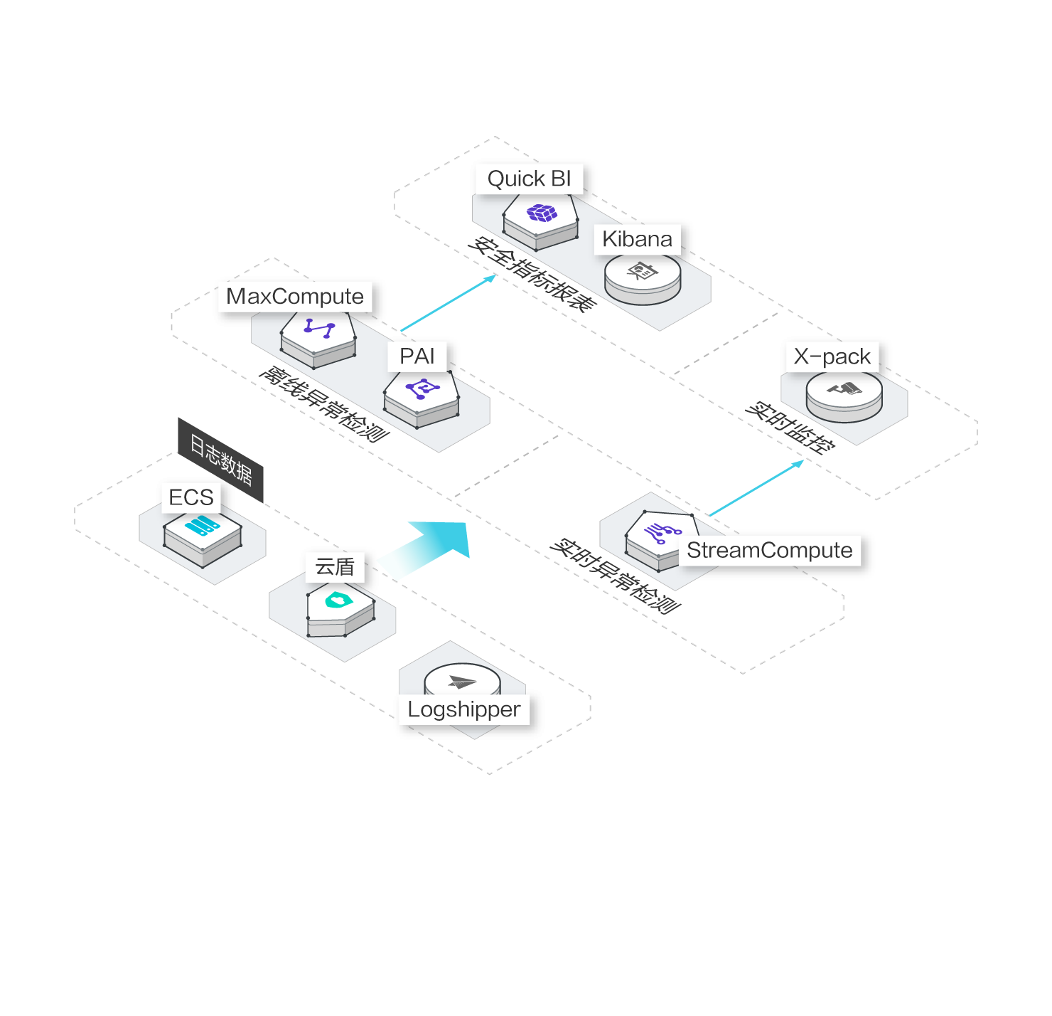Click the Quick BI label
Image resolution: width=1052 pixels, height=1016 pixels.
click(x=529, y=179)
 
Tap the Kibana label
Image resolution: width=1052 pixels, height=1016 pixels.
click(x=637, y=239)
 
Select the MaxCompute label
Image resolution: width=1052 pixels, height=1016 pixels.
click(x=294, y=296)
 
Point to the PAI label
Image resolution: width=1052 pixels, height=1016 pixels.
click(x=417, y=356)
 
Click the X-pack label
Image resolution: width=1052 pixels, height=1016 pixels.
click(x=832, y=356)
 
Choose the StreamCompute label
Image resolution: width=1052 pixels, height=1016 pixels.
click(x=769, y=550)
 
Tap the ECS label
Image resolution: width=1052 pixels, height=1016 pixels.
click(x=191, y=497)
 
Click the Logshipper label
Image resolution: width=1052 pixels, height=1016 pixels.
click(x=463, y=709)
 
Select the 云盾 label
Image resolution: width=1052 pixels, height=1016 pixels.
click(x=335, y=566)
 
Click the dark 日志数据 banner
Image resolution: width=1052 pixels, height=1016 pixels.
click(x=220, y=459)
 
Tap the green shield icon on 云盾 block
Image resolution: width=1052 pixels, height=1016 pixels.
click(x=339, y=600)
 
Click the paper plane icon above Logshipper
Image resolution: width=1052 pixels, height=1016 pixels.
click(x=462, y=682)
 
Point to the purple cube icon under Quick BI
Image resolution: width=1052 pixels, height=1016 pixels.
click(x=542, y=213)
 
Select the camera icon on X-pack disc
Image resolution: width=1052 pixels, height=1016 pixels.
click(x=844, y=388)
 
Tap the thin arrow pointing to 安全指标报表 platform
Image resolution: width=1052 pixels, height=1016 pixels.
click(x=448, y=304)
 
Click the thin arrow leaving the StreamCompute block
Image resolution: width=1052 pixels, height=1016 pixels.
click(x=757, y=487)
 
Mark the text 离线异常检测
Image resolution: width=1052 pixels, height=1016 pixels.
click(x=323, y=403)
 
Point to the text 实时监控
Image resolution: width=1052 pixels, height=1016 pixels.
click(x=790, y=427)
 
